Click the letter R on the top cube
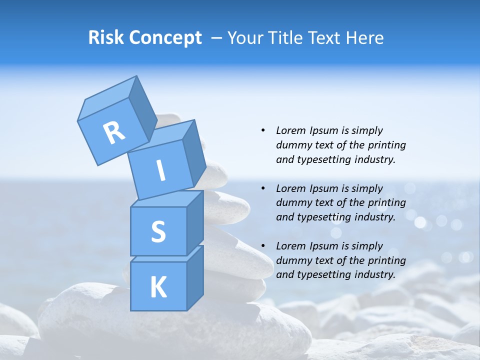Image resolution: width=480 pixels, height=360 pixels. point(114,133)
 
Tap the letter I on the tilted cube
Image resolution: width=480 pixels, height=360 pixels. point(161,170)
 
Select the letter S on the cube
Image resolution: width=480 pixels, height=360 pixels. point(158,231)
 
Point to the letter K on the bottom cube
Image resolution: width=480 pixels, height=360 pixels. point(158,287)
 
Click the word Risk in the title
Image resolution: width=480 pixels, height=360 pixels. point(106,38)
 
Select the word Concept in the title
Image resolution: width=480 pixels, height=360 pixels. point(165,38)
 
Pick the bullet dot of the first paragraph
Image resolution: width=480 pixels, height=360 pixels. point(263,130)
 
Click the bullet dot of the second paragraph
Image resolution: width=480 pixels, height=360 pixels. point(263,188)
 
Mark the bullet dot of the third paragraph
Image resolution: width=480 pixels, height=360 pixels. point(263,246)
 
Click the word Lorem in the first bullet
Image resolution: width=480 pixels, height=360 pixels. point(290,130)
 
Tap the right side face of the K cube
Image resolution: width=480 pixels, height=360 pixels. point(195,277)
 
